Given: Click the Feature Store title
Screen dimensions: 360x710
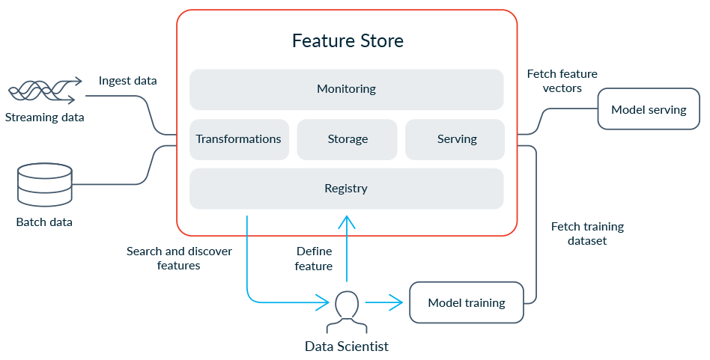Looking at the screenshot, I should tap(347, 40).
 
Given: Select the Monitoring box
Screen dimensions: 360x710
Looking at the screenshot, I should tap(346, 89).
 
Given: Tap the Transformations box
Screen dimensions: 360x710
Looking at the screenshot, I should tap(239, 139).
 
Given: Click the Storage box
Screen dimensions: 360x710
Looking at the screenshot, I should tap(348, 139).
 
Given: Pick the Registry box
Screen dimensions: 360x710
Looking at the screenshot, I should tap(346, 189).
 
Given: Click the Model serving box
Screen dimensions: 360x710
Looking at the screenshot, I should tap(648, 110).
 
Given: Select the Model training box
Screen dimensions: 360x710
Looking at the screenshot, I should tap(466, 303).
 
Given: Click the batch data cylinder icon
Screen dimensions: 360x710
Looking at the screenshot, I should tap(44, 186).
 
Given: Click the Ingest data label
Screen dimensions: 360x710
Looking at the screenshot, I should tap(127, 80).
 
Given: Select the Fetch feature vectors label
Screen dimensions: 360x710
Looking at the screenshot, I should tap(562, 81).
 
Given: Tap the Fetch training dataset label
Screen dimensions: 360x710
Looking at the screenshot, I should tap(586, 234).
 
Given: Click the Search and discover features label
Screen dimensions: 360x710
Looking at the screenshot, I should tap(179, 258).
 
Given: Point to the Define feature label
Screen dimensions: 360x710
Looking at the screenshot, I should tap(314, 258).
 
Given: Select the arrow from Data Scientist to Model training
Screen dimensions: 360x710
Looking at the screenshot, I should tap(383, 303).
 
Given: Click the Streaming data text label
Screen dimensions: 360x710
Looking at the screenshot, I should tap(44, 118).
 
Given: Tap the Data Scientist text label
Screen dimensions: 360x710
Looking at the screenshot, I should tap(347, 346).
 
